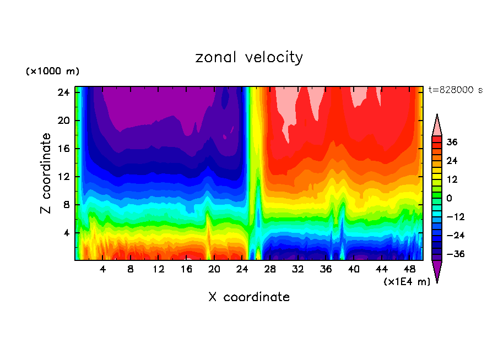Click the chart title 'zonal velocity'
(x=249, y=57)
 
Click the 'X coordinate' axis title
(x=249, y=297)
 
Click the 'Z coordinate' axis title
(x=46, y=173)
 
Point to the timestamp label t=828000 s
(x=455, y=90)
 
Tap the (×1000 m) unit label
(x=53, y=72)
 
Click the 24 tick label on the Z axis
(x=62, y=92)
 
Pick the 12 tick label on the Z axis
(x=62, y=177)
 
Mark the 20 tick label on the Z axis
(x=62, y=121)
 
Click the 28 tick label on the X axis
(x=270, y=270)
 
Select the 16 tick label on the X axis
(x=186, y=270)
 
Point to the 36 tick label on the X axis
(x=326, y=270)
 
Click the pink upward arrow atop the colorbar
(x=437, y=125)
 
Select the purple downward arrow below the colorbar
(x=437, y=271)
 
